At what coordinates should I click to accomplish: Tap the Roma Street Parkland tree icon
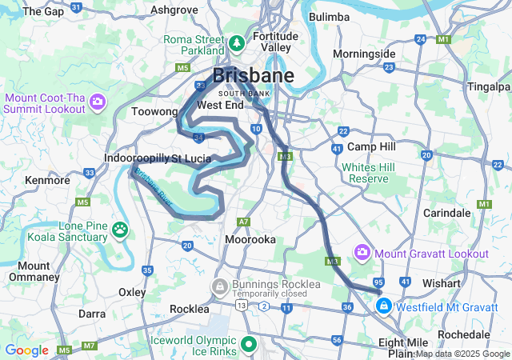tap(238, 42)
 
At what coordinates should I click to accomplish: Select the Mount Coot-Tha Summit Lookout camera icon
tap(98, 102)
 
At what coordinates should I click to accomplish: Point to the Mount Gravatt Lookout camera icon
tap(362, 253)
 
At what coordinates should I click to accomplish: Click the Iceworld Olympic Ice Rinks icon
tap(249, 345)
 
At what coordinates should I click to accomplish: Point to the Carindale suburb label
tap(446, 214)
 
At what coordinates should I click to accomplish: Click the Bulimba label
tap(329, 17)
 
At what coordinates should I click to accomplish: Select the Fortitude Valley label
tap(275, 42)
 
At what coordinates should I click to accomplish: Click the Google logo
tap(26, 350)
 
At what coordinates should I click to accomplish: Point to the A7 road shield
tap(243, 221)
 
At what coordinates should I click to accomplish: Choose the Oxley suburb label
tap(132, 292)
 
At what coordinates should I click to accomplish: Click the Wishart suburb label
tap(442, 283)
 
